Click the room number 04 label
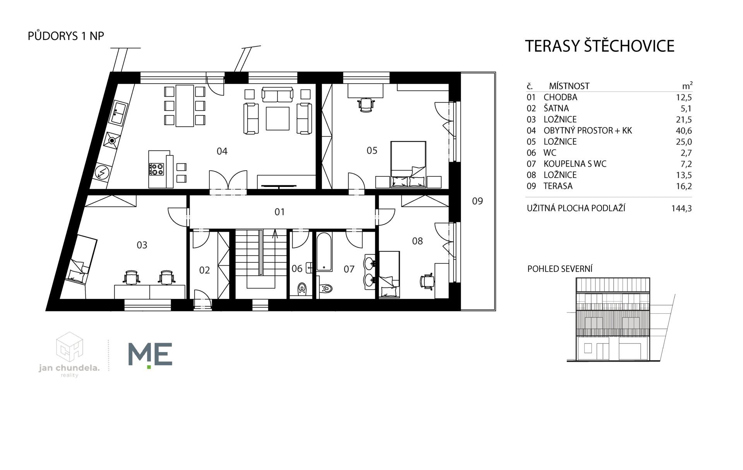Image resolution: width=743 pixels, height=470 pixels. [222, 151]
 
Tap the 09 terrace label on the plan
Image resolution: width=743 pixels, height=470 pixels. [477, 201]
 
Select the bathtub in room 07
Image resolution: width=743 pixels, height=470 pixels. [324, 251]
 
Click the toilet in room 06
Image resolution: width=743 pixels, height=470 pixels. [302, 289]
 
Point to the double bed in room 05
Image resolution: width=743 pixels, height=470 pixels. [408, 164]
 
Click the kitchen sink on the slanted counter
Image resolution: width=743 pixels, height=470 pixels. [119, 113]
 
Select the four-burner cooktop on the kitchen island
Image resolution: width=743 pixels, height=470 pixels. [156, 169]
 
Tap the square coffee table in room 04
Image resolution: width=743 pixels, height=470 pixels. [277, 118]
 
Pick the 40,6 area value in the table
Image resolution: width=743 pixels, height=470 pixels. [684, 131]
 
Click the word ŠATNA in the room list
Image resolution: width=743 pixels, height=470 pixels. [556, 109]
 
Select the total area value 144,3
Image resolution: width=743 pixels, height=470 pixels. [681, 209]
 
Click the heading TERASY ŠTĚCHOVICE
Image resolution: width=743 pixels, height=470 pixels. [599, 46]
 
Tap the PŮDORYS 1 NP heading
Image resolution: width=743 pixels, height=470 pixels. [66, 36]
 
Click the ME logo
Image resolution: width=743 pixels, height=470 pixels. [150, 354]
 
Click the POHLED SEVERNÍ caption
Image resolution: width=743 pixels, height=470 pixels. [560, 269]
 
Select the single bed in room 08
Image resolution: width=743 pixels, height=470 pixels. [389, 274]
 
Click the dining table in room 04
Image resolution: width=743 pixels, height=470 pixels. [185, 106]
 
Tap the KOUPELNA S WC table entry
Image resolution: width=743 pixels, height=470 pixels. [575, 164]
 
